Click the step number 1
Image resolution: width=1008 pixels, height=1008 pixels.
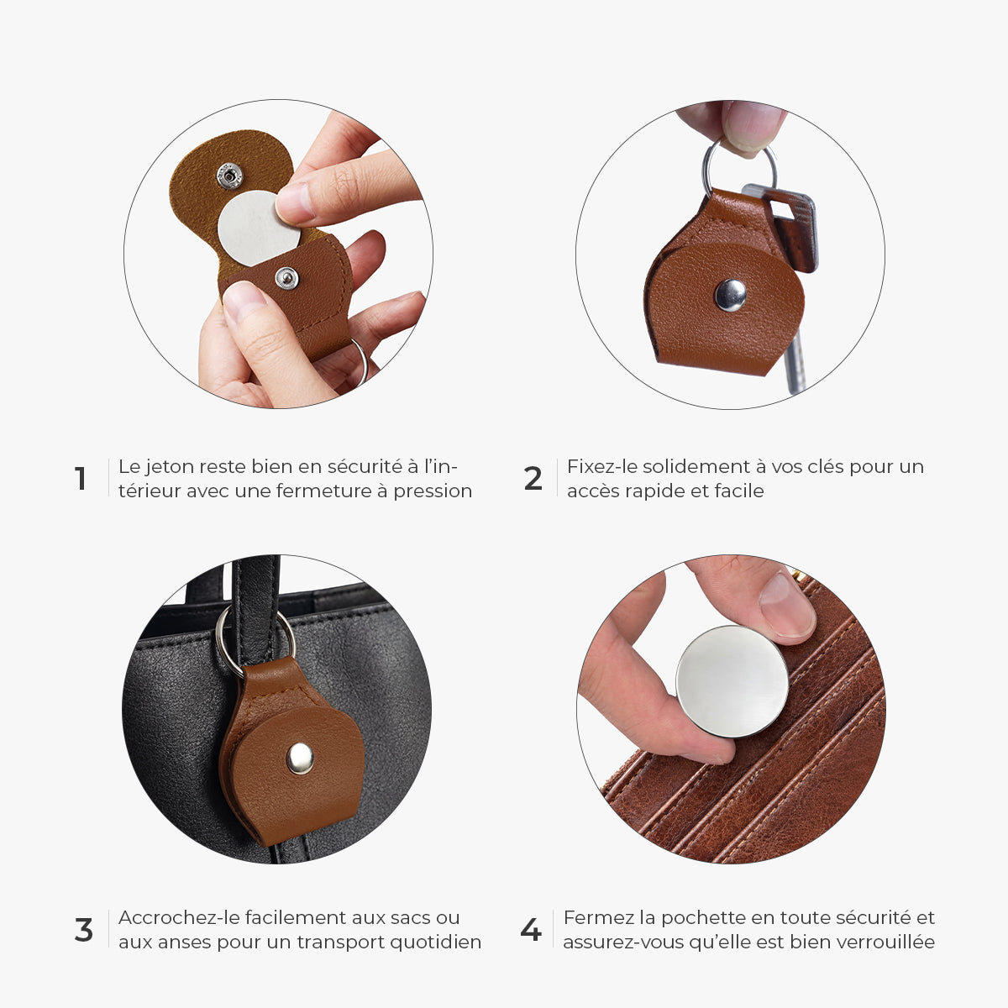click(x=80, y=479)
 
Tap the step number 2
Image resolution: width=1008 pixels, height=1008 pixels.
click(x=533, y=479)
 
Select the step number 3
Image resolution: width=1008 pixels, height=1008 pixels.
click(x=84, y=931)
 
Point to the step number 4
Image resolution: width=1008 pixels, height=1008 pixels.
click(x=531, y=931)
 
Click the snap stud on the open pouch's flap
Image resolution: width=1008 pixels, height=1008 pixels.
click(x=229, y=176)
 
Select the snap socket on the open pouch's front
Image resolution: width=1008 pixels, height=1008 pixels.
click(x=286, y=278)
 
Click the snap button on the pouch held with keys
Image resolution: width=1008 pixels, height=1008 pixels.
click(x=730, y=295)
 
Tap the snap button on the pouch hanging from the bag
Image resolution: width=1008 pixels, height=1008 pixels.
click(x=300, y=759)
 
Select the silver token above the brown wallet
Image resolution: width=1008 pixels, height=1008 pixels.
click(x=732, y=681)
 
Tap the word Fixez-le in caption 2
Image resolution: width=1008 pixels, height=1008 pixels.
click(x=601, y=466)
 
